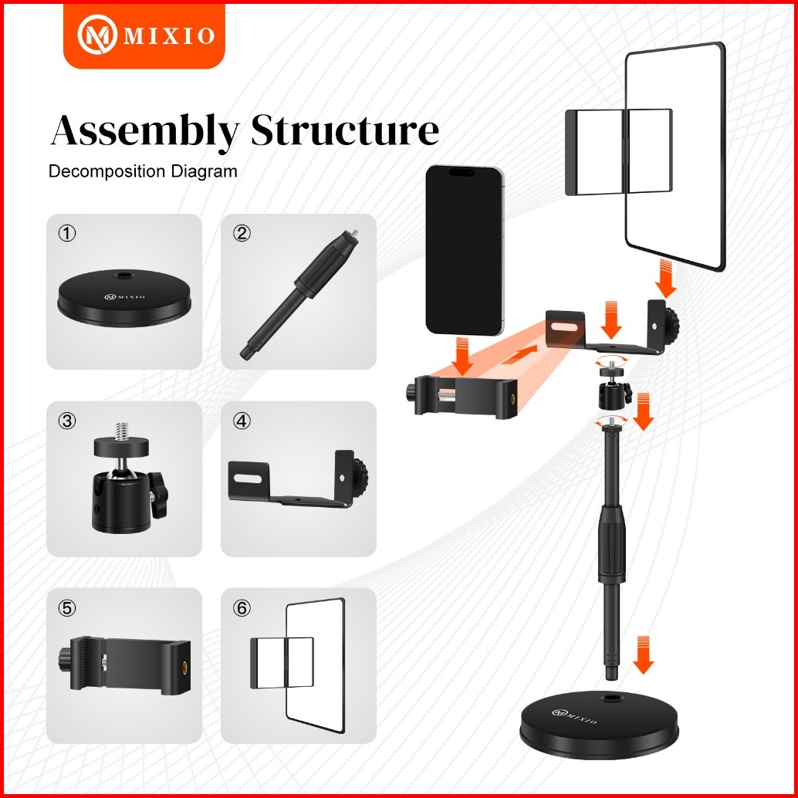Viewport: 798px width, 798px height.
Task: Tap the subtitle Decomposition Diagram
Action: pos(143,171)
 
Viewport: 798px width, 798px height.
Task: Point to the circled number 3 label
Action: pos(67,421)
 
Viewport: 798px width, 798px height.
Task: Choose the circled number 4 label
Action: pos(242,421)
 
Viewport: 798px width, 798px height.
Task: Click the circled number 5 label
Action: pos(67,608)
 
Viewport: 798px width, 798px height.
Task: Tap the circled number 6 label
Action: pos(242,608)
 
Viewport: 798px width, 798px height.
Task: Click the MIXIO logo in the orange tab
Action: pos(144,36)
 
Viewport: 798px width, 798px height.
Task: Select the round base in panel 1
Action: pos(124,301)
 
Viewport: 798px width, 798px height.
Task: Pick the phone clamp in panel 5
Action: pos(123,664)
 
